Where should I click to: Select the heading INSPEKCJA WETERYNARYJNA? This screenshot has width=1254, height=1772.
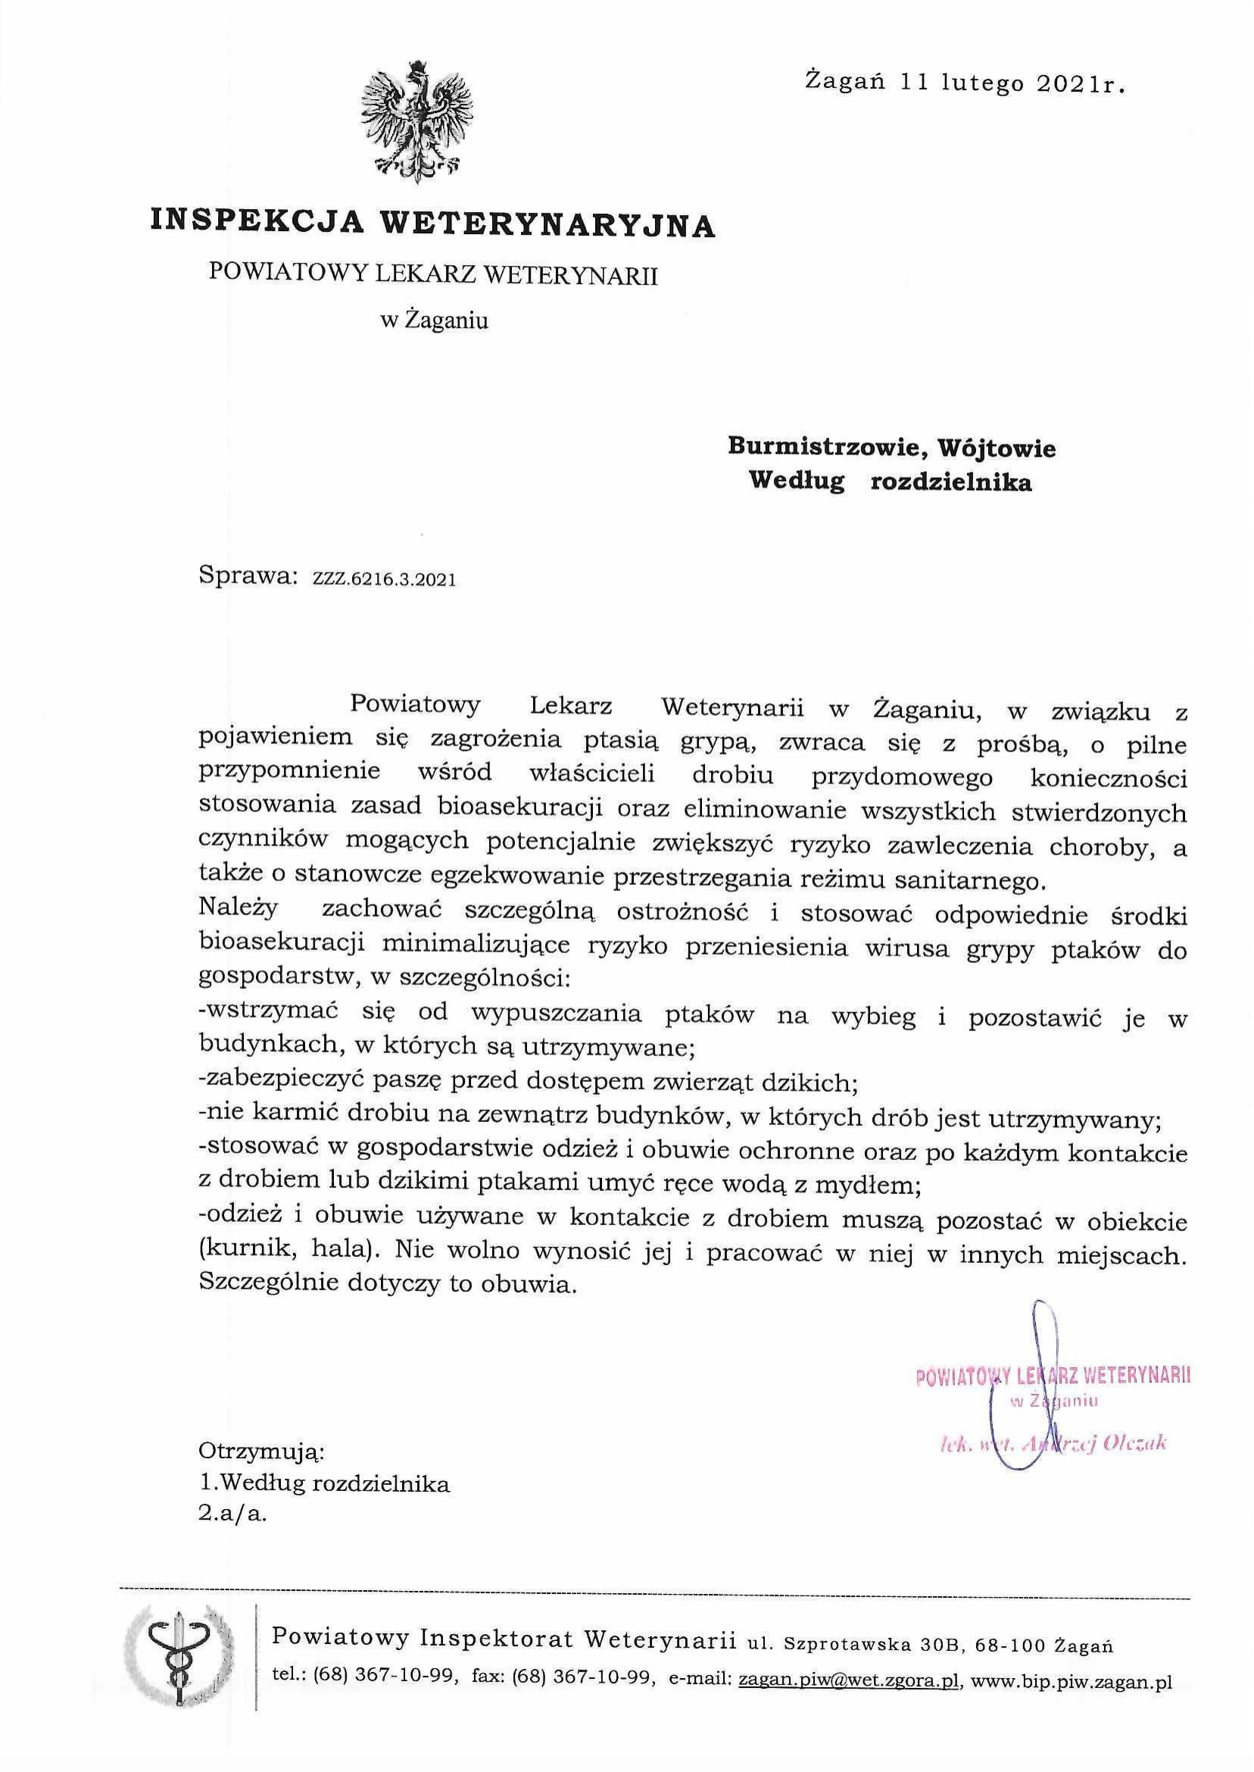[x=432, y=223]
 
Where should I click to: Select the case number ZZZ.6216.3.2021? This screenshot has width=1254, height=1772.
[x=384, y=580]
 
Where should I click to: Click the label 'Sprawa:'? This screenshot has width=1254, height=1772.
[x=248, y=577]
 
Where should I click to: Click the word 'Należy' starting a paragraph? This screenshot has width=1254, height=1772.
[x=237, y=909]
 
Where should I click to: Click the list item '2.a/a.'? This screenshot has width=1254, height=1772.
[x=232, y=1515]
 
